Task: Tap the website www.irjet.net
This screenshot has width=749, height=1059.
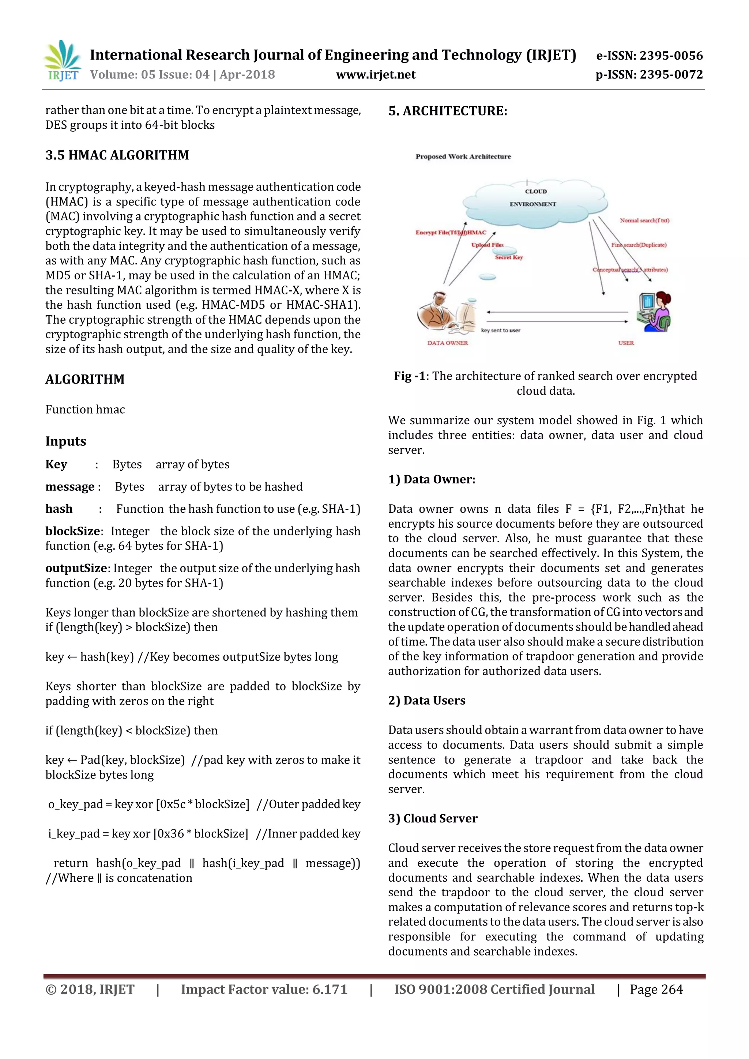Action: click(x=376, y=75)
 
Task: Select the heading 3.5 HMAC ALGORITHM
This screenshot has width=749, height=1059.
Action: click(x=117, y=155)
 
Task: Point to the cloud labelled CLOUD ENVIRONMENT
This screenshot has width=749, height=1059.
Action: click(x=534, y=202)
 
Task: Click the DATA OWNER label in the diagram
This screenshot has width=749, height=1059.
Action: click(x=447, y=343)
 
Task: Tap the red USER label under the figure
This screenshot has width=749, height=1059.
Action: click(x=626, y=343)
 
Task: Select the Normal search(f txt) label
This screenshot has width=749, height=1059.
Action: click(x=644, y=221)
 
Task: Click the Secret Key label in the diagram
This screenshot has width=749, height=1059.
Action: click(x=509, y=257)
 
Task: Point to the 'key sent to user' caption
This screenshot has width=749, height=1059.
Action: click(x=500, y=330)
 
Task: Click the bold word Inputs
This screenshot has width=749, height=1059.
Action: click(x=65, y=441)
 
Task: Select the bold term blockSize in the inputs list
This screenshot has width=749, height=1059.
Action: click(x=72, y=531)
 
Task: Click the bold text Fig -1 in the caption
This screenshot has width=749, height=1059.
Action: click(x=409, y=376)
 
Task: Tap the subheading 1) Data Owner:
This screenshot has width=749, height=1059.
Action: click(x=431, y=479)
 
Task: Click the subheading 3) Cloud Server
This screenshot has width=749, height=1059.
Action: click(x=432, y=818)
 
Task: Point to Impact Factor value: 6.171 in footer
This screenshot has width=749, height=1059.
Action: click(x=264, y=990)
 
